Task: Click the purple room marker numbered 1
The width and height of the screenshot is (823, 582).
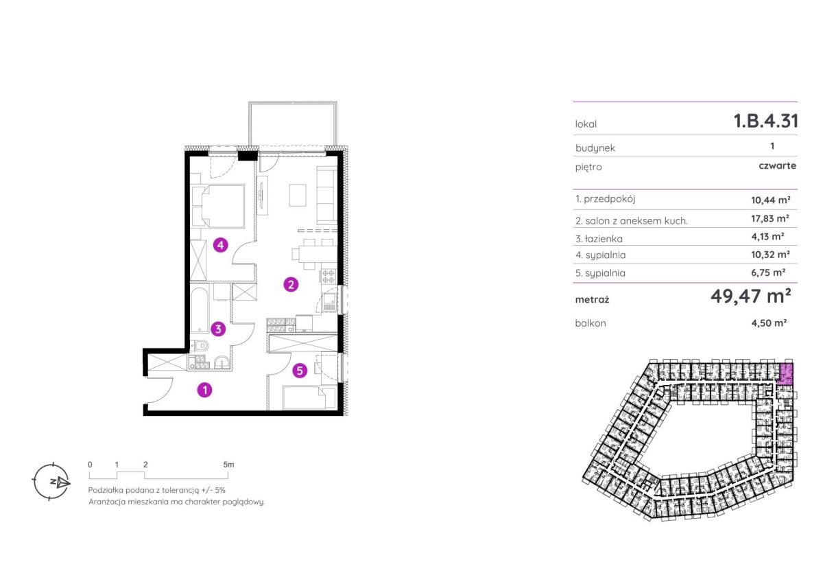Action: click(x=204, y=390)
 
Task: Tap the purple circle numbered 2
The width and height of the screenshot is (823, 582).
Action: click(x=291, y=285)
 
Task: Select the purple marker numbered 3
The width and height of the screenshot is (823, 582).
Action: click(x=218, y=329)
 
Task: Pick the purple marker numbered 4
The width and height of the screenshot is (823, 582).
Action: click(x=220, y=245)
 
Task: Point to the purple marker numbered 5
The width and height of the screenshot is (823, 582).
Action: click(x=300, y=371)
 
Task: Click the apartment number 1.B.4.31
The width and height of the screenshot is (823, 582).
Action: click(x=765, y=121)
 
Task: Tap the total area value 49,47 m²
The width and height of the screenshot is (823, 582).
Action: click(x=750, y=296)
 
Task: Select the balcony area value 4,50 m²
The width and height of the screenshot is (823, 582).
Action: click(x=769, y=323)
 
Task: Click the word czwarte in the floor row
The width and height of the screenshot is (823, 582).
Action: click(x=778, y=165)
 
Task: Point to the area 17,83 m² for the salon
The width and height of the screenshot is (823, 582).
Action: click(x=770, y=219)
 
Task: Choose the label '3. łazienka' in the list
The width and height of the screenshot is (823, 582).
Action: click(x=599, y=239)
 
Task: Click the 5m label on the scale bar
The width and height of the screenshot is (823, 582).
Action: click(x=228, y=465)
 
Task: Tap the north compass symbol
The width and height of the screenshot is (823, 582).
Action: click(x=51, y=482)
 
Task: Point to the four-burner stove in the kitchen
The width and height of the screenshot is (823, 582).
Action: click(x=328, y=277)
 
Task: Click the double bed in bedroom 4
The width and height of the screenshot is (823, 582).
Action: click(x=218, y=207)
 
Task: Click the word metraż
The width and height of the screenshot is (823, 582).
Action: click(x=592, y=300)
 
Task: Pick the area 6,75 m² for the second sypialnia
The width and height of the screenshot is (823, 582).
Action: click(x=768, y=272)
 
